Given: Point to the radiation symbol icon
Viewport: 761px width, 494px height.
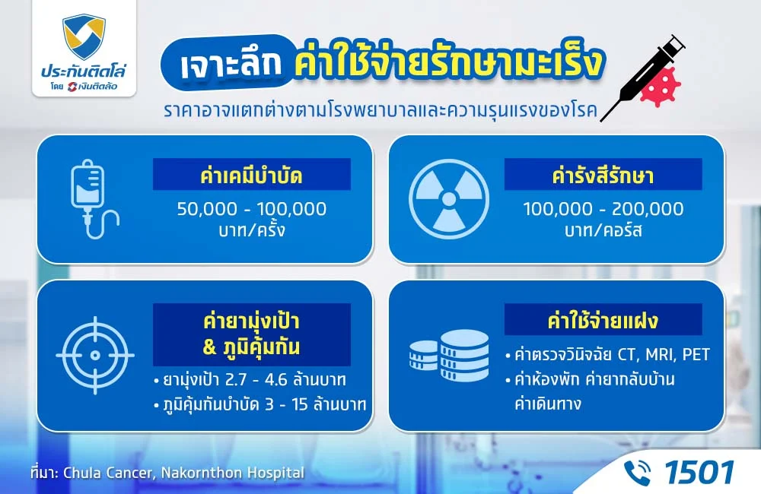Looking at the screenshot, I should click(449, 199).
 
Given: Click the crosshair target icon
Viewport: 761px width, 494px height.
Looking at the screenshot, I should click(95, 355).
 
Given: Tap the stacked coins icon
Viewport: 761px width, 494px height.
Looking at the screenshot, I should click(449, 356).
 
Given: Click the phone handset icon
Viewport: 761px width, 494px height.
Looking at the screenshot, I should click(638, 472).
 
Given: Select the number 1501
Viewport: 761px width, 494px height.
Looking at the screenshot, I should click(699, 472).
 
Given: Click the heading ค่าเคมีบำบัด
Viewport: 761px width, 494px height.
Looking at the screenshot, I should click(251, 176).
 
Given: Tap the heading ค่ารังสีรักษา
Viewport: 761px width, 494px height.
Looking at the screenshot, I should click(603, 176).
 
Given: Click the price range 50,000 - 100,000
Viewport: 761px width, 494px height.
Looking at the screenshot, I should click(251, 208).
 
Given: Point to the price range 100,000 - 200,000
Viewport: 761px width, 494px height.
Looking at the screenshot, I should click(603, 208).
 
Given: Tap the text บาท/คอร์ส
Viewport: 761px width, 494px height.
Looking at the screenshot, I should click(603, 230).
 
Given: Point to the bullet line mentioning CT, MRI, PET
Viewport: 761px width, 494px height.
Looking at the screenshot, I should click(607, 355).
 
